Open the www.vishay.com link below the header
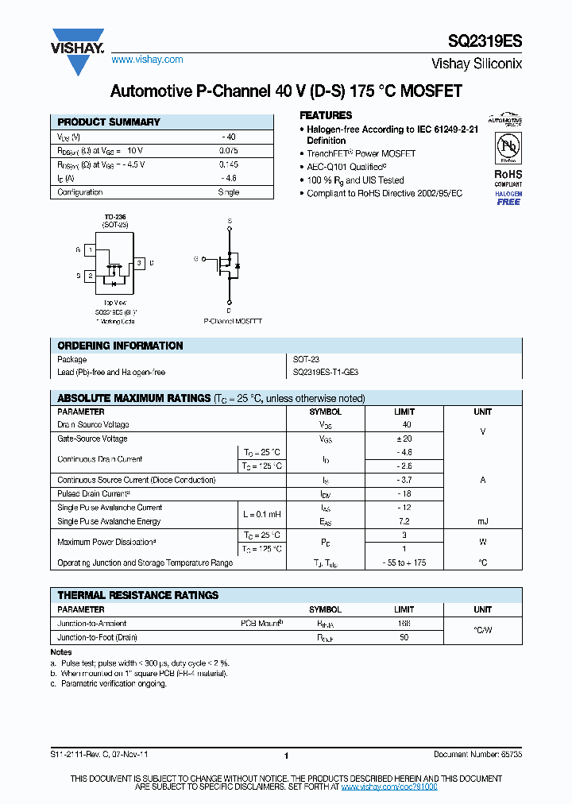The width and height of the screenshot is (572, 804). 147,60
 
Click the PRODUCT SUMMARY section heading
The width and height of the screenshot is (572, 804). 109,122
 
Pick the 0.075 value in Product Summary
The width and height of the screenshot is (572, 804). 228,150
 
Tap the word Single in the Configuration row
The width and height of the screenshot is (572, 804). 228,192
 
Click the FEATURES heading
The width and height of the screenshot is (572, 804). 326,115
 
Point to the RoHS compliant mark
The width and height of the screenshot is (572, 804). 508,176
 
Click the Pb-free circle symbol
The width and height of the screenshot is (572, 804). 508,147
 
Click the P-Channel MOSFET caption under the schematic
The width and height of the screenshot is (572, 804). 233,321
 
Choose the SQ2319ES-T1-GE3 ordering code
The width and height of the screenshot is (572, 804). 326,372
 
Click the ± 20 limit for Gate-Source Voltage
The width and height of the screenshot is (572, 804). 404,439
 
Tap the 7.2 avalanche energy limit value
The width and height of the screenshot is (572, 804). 404,521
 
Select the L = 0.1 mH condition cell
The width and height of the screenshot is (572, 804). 261,514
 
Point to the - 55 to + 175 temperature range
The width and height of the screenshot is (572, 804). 404,562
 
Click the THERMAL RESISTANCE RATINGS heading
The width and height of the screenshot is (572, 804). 137,595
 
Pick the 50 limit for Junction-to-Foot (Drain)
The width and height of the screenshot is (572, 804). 404,638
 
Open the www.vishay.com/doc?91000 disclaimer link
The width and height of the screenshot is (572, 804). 389,786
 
